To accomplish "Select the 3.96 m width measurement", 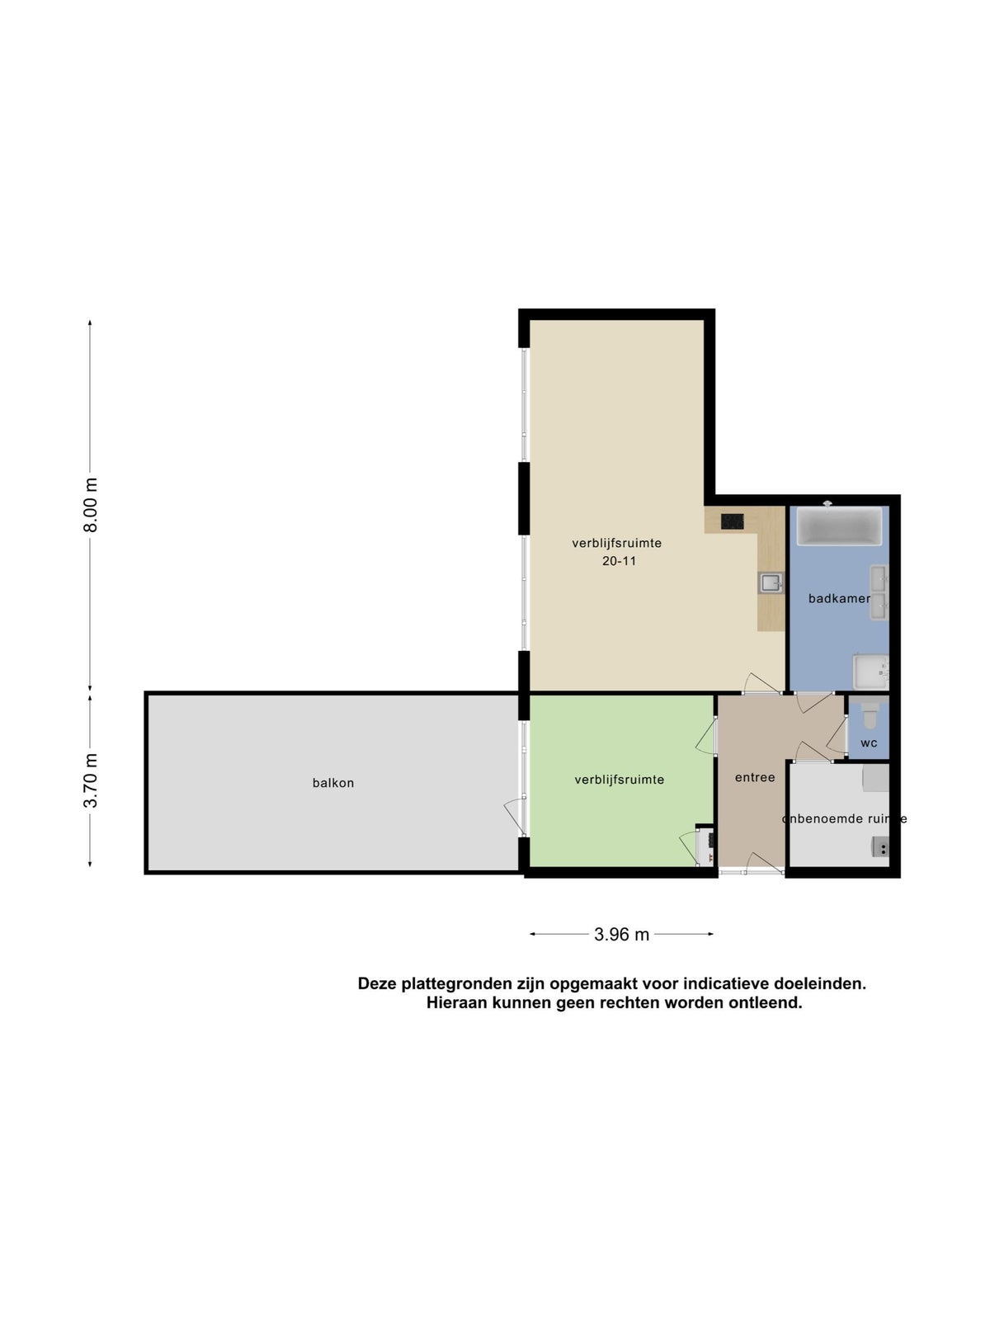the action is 621,934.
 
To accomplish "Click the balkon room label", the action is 333,783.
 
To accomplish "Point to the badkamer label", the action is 839,598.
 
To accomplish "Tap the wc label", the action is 869,743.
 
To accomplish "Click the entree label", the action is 755,778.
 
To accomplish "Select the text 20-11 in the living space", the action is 619,561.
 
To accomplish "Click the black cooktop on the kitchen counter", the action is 732,521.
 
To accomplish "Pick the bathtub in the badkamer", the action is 839,527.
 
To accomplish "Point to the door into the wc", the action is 837,738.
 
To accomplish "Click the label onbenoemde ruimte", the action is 844,819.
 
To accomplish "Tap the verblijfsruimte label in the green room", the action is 619,780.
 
